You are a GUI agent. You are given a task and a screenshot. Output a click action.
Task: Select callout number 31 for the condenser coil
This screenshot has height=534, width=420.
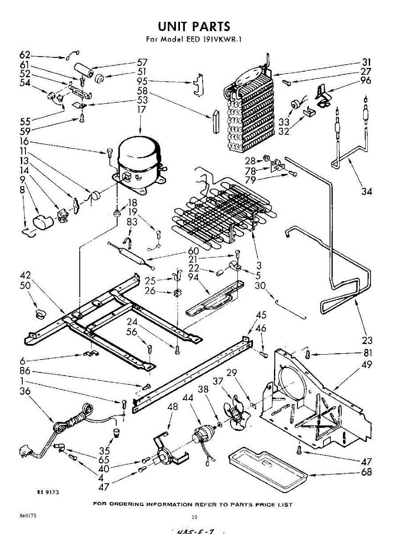click(x=366, y=62)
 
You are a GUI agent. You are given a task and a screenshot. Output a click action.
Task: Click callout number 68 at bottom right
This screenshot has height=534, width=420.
click(x=366, y=472)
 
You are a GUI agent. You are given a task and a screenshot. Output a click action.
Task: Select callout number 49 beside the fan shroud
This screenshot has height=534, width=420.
click(x=366, y=365)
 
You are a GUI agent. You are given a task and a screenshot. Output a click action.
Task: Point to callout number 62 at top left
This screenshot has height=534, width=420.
click(x=25, y=55)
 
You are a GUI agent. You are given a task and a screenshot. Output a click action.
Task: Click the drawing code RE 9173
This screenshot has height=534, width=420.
click(x=48, y=493)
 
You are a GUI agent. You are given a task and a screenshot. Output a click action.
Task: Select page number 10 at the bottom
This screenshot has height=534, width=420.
click(x=194, y=517)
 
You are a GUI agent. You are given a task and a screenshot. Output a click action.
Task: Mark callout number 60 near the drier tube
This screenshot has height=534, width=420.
click(x=193, y=251)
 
